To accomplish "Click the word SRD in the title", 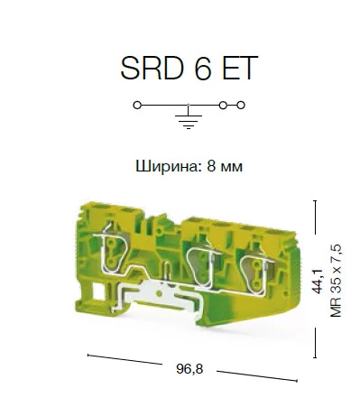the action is point(152,68).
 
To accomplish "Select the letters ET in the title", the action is point(240,68).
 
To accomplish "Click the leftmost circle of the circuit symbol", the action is point(137,106).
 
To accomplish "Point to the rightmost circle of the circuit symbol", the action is point(241,106).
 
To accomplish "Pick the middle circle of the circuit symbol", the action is point(223,106).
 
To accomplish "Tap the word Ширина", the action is point(169,166).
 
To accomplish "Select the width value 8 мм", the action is point(225,166).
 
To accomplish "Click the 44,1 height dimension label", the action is point(318,281).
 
